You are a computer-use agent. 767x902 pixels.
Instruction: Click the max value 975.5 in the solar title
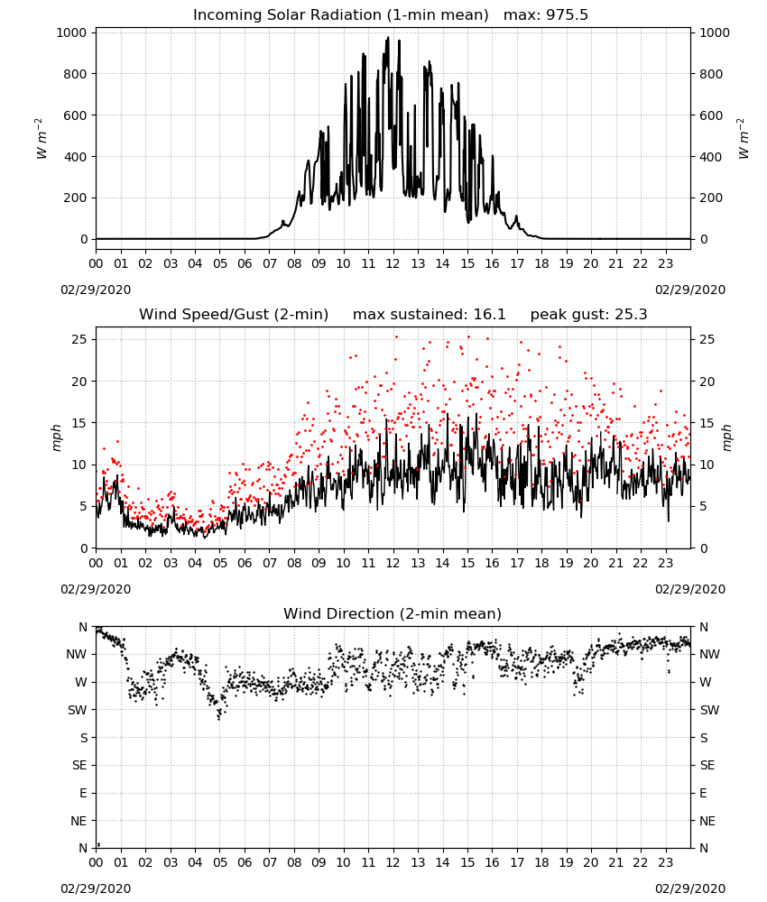click(x=567, y=14)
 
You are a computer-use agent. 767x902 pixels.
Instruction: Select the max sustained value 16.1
click(x=489, y=314)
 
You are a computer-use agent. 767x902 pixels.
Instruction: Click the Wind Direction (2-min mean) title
click(x=393, y=613)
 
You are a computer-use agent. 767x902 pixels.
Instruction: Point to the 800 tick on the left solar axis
click(x=76, y=74)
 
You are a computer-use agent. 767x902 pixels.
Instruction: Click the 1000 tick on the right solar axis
click(x=714, y=32)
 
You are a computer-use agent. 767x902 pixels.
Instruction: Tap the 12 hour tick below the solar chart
click(x=393, y=264)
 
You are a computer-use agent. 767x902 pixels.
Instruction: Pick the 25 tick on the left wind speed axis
click(x=79, y=339)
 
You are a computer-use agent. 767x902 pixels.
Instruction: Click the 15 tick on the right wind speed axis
click(x=707, y=423)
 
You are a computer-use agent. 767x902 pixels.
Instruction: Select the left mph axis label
click(x=56, y=437)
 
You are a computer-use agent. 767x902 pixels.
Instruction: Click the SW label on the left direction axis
click(x=77, y=710)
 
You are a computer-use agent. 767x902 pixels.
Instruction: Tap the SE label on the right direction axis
click(x=707, y=765)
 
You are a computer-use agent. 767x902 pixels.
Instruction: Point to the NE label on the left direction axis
click(x=79, y=821)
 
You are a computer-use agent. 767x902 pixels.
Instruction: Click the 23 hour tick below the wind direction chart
click(x=665, y=863)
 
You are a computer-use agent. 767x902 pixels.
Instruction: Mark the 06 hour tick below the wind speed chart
click(x=245, y=563)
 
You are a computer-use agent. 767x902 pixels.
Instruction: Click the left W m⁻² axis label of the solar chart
click(x=41, y=138)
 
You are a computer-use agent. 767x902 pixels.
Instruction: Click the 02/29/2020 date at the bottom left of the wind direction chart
click(x=96, y=888)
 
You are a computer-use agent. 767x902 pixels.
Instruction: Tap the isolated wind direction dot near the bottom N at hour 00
click(x=99, y=844)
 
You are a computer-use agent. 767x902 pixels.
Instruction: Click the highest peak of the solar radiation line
click(x=388, y=37)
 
